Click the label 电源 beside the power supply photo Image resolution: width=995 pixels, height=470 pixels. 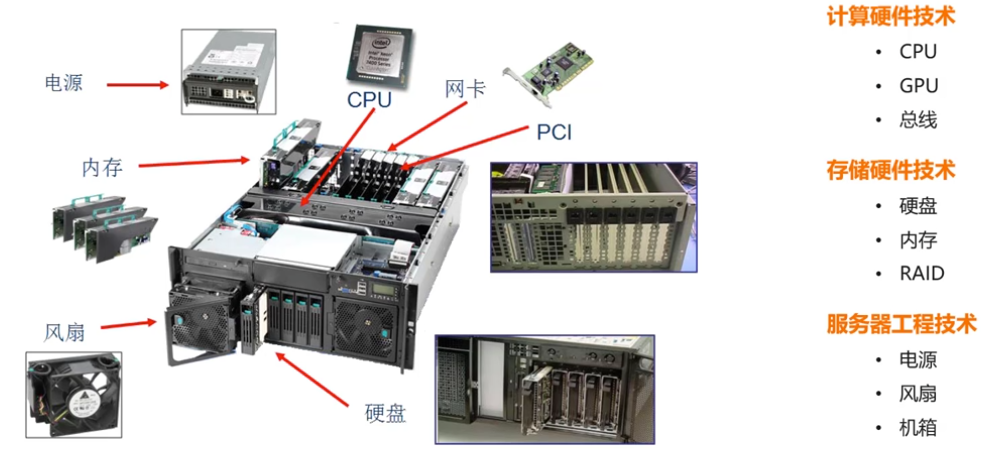tap(64, 82)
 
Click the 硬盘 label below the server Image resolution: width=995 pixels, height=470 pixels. tap(386, 413)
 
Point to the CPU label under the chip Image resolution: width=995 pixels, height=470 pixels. tap(369, 100)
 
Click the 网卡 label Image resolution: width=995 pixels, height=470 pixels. tap(465, 89)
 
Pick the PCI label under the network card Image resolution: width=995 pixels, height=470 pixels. tap(554, 131)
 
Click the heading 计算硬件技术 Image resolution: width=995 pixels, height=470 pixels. tap(890, 17)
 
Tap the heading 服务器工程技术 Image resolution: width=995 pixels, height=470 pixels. tap(900, 324)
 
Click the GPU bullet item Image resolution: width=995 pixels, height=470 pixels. tap(918, 86)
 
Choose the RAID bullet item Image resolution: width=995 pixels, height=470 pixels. tap(921, 273)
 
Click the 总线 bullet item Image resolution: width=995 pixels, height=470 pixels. tap(918, 120)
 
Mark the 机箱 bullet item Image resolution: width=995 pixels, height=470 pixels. tap(918, 428)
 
